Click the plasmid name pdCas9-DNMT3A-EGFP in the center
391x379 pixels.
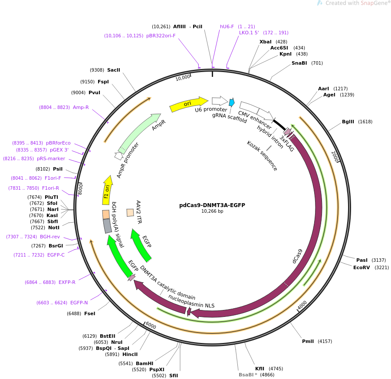tap(212, 205)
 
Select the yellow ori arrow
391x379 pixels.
tap(189, 104)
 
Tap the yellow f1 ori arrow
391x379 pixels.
tap(107, 191)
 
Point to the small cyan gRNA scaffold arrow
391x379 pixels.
tap(232, 102)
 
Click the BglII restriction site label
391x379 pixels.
tap(348, 122)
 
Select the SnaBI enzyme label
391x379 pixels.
tap(299, 63)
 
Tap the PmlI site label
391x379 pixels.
tap(308, 341)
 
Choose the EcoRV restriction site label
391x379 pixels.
tap(361, 267)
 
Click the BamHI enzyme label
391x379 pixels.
tap(145, 363)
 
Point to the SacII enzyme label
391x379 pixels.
tap(113, 70)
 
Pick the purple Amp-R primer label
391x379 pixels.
tap(81, 107)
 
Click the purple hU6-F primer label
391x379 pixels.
tap(227, 26)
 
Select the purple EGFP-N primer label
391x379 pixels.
tap(79, 303)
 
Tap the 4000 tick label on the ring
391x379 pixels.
tap(302, 305)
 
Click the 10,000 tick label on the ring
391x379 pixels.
tap(183, 78)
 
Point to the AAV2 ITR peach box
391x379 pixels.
tap(130, 213)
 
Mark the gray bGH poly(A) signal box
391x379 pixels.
tap(107, 226)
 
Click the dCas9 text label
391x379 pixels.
tap(297, 256)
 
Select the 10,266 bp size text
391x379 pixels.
tap(212, 211)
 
